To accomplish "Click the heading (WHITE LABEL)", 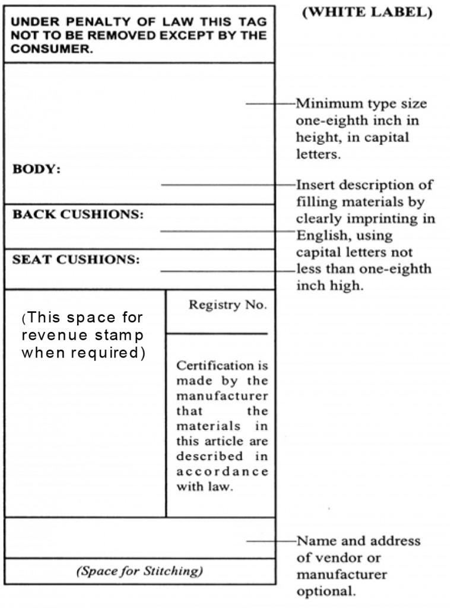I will tap(367, 13).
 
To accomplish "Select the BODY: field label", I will tap(37, 169).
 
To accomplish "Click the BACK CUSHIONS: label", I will tap(78, 214).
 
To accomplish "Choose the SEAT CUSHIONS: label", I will tap(76, 259).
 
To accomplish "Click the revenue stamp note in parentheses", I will tap(83, 334).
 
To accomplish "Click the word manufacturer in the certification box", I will tap(222, 395).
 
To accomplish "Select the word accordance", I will tap(222, 472).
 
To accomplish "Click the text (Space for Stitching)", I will tap(140, 572).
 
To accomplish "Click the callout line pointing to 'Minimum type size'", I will tap(270, 104).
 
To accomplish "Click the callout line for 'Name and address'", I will tap(270, 541).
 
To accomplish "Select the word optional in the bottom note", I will tap(327, 592).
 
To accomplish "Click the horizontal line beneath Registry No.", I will tap(217, 334).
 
